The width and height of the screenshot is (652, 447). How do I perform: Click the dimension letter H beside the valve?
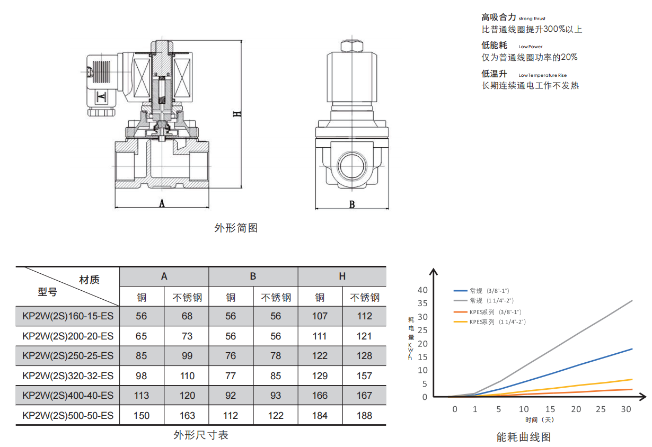point(237,114)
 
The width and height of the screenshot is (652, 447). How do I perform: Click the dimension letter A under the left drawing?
point(162,203)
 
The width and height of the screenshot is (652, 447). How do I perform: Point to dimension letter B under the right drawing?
point(352,204)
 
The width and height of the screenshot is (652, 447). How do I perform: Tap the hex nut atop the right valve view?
point(352,46)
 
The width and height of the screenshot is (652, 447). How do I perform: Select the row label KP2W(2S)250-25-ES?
point(68,356)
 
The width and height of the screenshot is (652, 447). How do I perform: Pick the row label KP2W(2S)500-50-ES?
point(68,415)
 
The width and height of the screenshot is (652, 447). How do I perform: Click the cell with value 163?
point(187,415)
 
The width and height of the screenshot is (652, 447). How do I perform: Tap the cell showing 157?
point(364,376)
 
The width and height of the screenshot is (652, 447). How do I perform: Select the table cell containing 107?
point(320,316)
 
